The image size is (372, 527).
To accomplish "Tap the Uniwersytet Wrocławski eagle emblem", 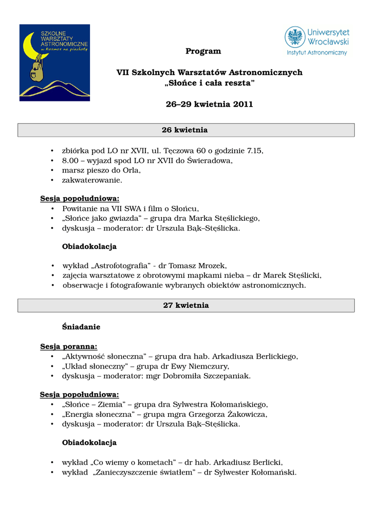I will [295, 37].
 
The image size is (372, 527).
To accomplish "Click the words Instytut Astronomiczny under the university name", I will [317, 52].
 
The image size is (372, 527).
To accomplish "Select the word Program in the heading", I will [203, 51].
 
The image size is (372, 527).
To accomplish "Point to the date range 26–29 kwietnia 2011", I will [209, 104].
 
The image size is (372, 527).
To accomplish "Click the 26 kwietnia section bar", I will [186, 130].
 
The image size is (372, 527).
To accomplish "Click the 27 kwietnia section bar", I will [186, 305].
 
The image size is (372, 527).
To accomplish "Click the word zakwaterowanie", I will [92, 180].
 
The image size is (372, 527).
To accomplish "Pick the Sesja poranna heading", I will [69, 346].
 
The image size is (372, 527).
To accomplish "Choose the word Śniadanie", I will [81, 327].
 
